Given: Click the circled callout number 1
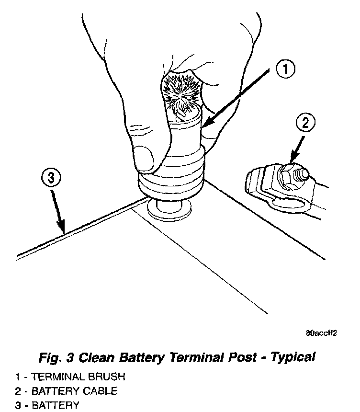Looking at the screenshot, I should click(x=284, y=70).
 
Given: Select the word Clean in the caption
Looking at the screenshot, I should click(x=96, y=357).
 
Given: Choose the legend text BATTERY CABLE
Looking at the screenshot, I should click(x=74, y=391).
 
